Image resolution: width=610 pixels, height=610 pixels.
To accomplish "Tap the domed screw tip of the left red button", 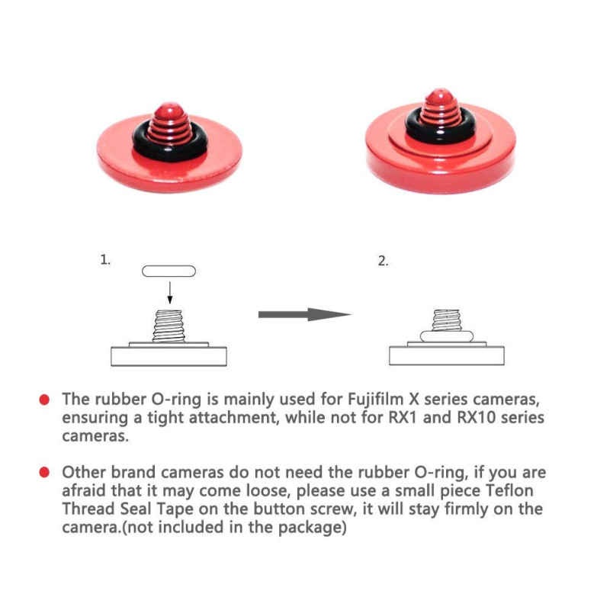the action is tap(169, 111).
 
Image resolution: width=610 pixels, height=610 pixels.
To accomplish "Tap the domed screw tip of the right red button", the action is tap(440, 95).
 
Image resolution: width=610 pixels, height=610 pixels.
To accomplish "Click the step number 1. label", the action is tap(105, 259).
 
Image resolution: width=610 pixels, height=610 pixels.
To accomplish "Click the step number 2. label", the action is tap(384, 261).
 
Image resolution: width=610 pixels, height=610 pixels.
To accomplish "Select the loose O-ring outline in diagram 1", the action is tap(169, 271).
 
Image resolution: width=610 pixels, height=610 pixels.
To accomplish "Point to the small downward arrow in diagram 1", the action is tap(169, 293).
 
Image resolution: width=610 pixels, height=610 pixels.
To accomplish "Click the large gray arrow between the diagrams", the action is tap(305, 314).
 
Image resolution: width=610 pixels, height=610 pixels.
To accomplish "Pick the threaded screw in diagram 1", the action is tap(169, 326).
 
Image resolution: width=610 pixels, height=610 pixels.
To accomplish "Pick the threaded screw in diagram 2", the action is tap(447, 320).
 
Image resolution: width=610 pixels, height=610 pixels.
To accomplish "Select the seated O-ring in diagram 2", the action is tap(447, 336).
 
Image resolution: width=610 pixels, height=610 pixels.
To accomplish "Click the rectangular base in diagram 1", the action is tap(169, 356).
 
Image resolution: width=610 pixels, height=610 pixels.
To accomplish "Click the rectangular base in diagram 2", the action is tap(447, 355).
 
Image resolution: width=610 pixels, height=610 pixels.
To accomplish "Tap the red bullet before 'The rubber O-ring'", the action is tap(44, 400).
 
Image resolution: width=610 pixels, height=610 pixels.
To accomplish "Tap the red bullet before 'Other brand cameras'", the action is tap(44, 472).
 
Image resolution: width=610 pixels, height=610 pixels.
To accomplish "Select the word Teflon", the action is tap(509, 490).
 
